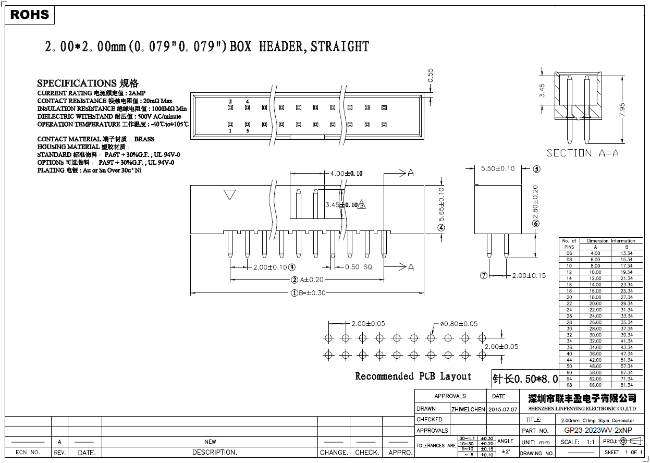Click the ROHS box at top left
[29, 15]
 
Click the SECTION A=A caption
[583, 153]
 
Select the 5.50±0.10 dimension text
[497, 168]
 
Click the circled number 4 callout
[441, 227]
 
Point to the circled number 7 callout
[483, 275]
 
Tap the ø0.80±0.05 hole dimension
[459, 324]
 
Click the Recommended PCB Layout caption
[413, 376]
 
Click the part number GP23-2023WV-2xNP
[598, 431]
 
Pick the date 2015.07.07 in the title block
[502, 409]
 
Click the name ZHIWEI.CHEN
[468, 409]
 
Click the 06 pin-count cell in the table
[569, 253]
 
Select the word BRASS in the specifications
[144, 139]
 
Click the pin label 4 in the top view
[247, 101]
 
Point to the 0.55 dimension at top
[431, 76]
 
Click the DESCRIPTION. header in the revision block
[214, 452]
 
